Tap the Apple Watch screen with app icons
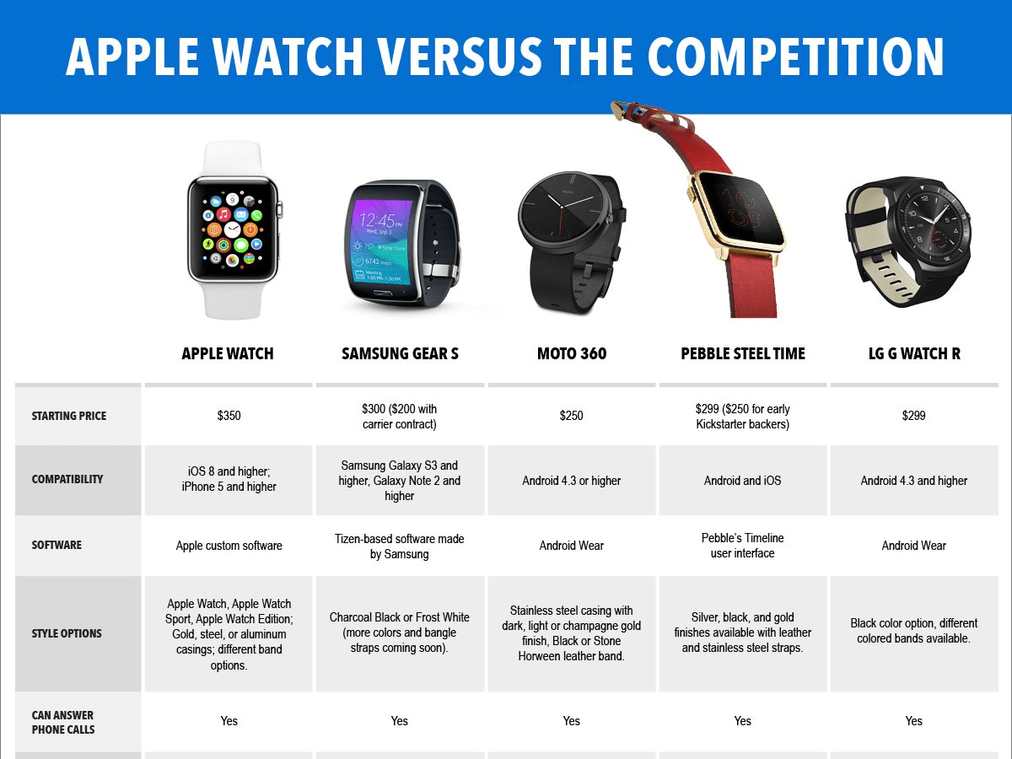coord(232,229)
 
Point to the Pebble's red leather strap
coord(722,278)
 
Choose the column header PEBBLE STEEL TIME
coord(743,353)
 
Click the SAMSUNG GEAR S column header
coord(400,353)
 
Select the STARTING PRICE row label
coord(69,416)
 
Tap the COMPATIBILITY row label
coord(67,479)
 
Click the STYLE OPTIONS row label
coord(67,633)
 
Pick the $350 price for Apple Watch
coord(229,416)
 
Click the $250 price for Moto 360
coord(571,416)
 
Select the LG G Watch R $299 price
coord(913,416)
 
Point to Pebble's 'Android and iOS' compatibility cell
coord(742,481)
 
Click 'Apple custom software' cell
coord(229,546)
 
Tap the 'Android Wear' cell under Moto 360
coord(571,546)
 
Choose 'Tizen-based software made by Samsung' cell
coord(400,546)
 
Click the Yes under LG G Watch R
coord(913,721)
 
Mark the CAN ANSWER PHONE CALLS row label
coord(63,722)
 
